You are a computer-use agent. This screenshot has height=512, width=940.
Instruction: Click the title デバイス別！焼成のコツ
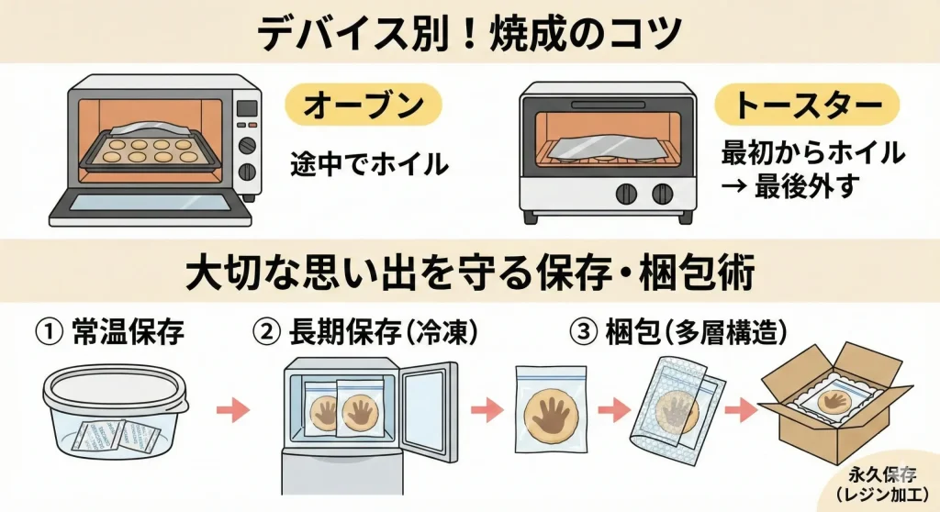[470, 31]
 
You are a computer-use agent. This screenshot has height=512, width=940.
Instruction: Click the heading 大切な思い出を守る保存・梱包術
[469, 273]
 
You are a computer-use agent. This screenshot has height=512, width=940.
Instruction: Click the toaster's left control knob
[626, 193]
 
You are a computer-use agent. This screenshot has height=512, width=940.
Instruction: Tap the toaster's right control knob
[661, 193]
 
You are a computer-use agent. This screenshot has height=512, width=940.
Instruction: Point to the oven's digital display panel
[247, 108]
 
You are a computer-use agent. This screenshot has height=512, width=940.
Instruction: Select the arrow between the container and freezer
[237, 409]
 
